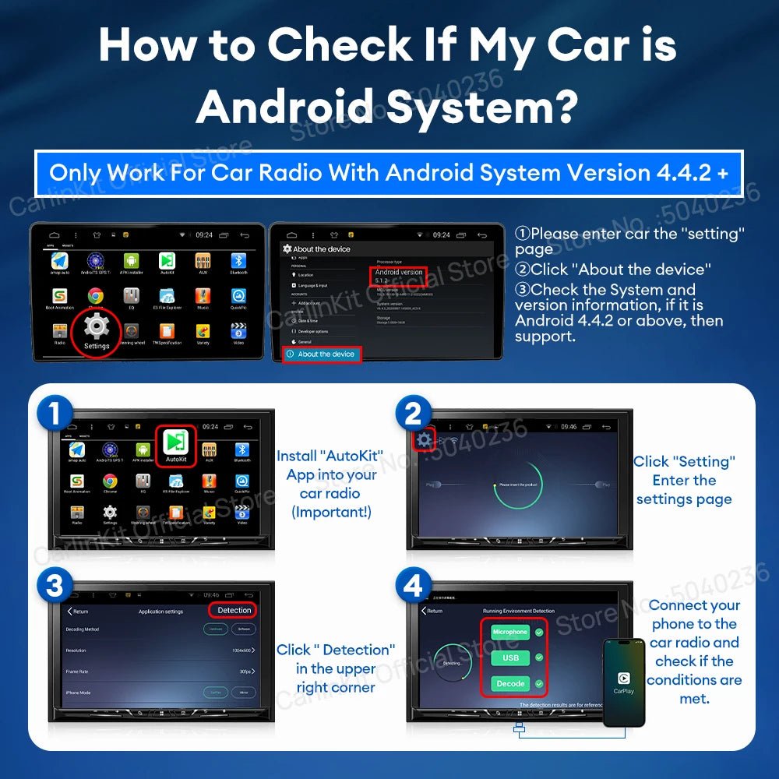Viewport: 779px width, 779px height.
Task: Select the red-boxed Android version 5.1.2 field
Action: [398, 276]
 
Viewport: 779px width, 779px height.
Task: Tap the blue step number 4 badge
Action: [413, 586]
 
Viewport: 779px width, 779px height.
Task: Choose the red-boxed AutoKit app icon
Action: [176, 446]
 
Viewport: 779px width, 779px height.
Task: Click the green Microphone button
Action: [510, 632]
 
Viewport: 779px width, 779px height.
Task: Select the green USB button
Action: [510, 658]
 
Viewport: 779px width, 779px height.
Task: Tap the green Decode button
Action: [510, 684]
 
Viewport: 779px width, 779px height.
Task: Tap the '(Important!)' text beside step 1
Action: [331, 512]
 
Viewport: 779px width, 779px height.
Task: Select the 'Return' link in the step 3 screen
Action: [78, 612]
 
